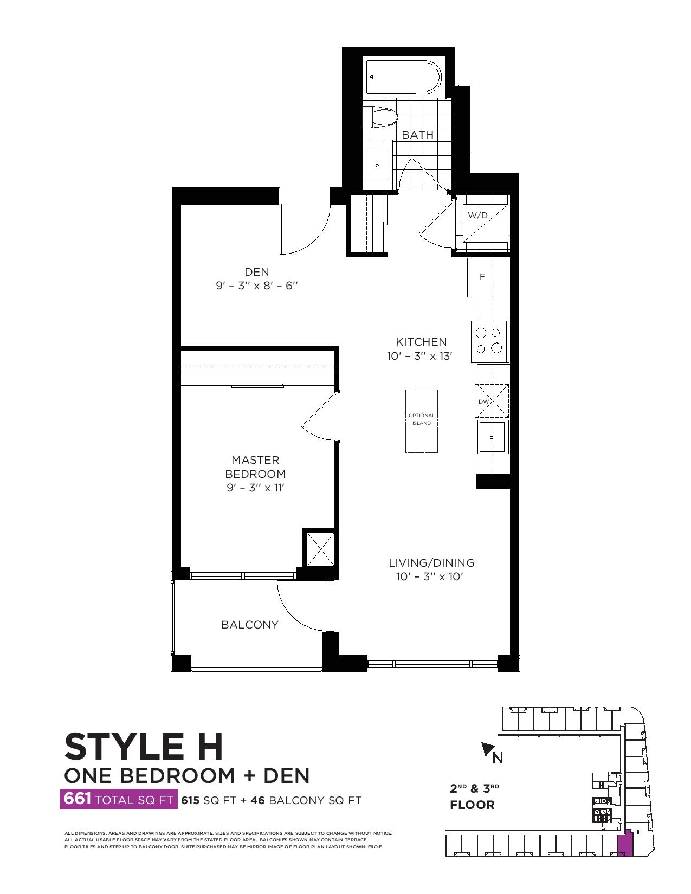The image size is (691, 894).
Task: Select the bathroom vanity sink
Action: tap(377, 165)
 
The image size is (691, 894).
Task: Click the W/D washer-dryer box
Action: tap(486, 223)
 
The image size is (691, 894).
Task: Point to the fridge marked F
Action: tap(488, 277)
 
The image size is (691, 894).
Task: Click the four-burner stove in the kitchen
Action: tap(490, 341)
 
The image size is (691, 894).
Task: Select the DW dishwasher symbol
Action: tap(492, 401)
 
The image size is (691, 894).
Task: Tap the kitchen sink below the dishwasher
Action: tap(493, 437)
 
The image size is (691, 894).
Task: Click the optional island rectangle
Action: tap(422, 421)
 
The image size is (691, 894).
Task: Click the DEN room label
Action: tap(257, 272)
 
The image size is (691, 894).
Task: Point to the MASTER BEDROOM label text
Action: tap(255, 467)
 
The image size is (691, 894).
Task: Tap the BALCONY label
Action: tap(250, 625)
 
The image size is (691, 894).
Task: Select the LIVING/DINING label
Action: tap(432, 562)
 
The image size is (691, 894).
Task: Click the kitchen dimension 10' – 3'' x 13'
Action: tap(420, 357)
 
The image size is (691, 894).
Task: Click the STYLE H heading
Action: tap(144, 747)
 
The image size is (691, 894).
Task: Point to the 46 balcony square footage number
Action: tap(257, 800)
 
